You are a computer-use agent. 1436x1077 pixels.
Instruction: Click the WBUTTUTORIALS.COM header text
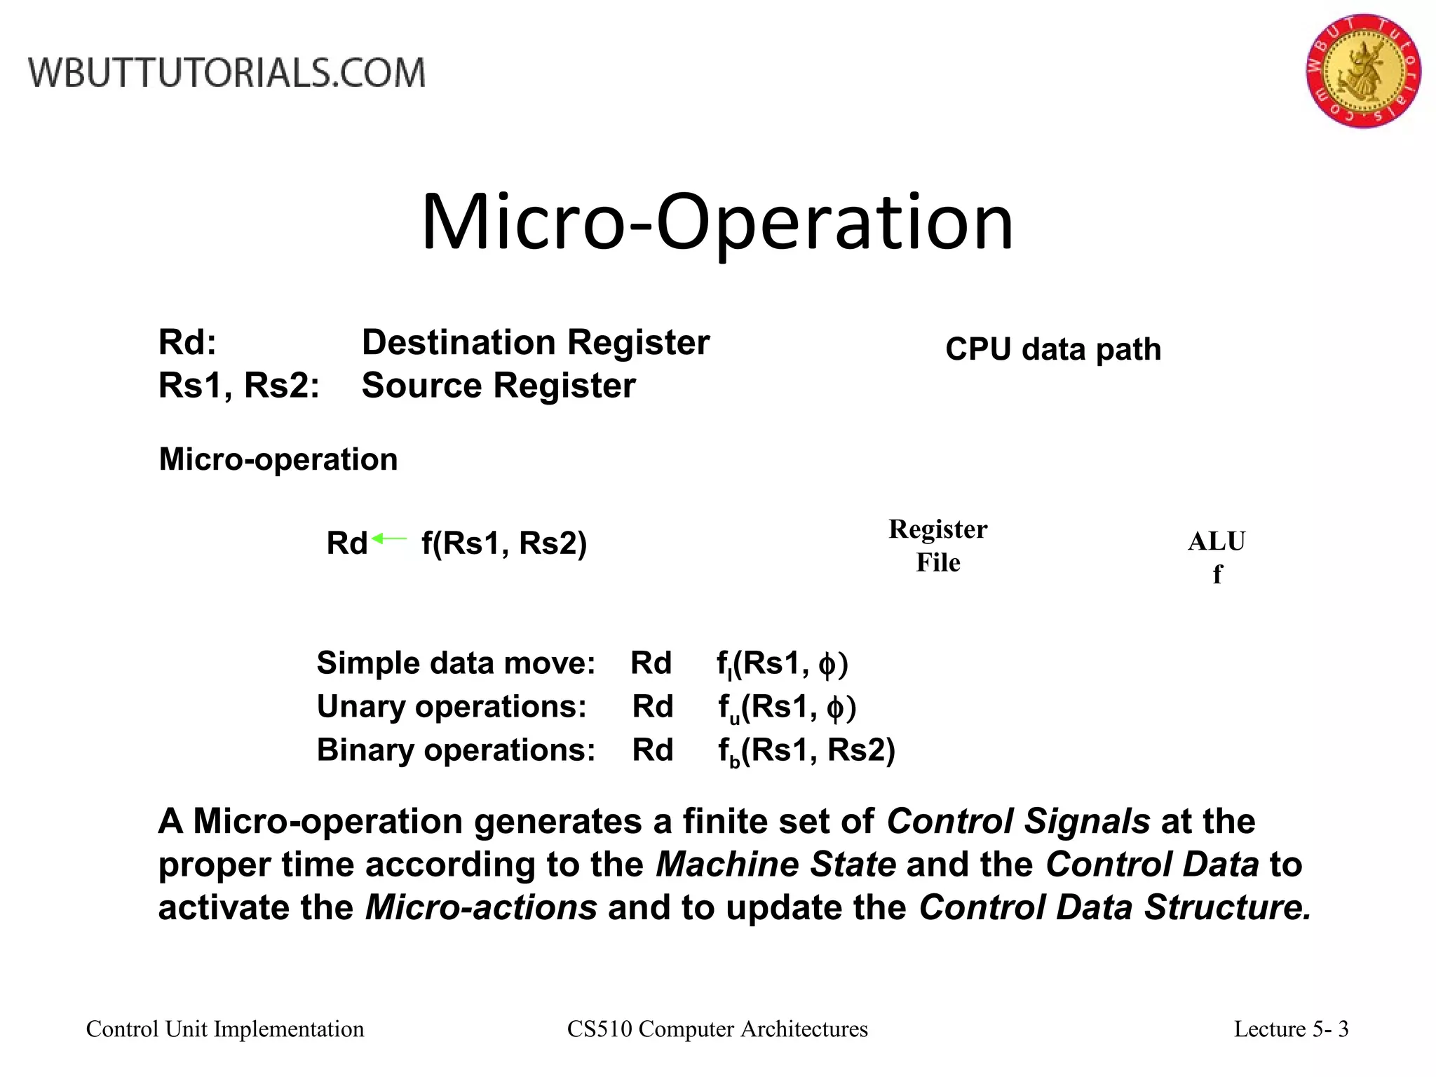point(226,73)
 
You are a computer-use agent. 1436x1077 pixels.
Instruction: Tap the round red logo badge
point(1362,71)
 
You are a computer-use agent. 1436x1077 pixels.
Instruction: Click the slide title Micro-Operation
point(717,222)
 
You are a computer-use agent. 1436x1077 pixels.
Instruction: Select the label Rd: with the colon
point(187,343)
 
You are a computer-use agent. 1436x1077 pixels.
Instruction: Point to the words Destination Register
point(536,343)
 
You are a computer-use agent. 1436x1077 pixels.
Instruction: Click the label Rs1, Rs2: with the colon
point(239,386)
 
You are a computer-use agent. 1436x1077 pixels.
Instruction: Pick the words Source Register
point(499,386)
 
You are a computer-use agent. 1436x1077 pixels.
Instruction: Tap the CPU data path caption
point(1053,349)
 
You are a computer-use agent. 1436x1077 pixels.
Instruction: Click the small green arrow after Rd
point(389,538)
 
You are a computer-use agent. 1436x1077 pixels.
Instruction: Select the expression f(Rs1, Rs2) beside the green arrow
point(504,543)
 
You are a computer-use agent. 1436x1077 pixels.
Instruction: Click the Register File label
point(937,546)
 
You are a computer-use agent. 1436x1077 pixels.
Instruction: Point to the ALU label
point(1217,542)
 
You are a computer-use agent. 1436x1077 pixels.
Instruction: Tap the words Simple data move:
point(456,663)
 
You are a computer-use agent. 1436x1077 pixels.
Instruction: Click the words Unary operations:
point(452,707)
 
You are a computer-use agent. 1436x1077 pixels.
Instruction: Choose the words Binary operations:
point(456,750)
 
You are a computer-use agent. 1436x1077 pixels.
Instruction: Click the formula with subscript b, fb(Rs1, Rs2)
point(806,752)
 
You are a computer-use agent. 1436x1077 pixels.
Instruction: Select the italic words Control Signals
point(1018,821)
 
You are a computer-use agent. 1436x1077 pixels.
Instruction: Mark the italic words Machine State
point(775,865)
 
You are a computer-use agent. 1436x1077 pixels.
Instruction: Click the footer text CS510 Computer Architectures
point(717,1029)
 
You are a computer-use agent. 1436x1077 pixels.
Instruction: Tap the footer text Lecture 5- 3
point(1291,1029)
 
